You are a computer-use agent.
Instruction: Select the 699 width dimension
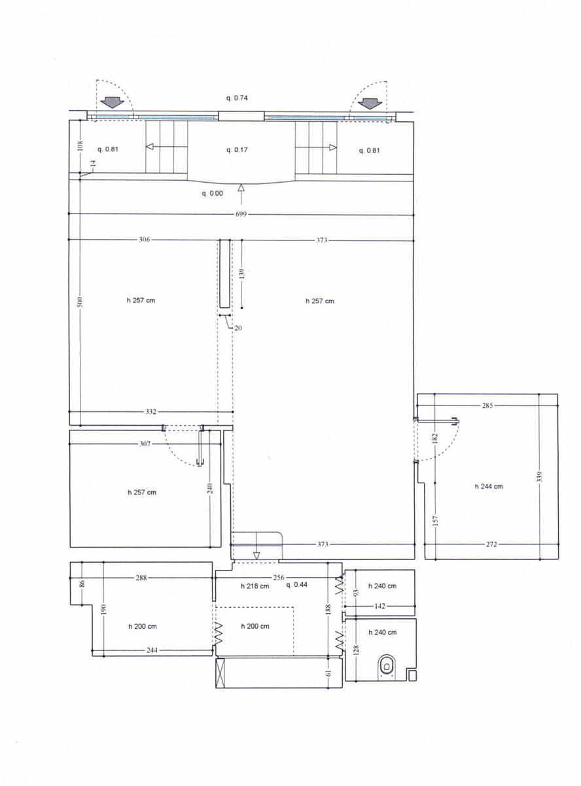(x=241, y=214)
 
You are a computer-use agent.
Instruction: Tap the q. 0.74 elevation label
(x=237, y=98)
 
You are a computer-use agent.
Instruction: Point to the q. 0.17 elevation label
(x=237, y=150)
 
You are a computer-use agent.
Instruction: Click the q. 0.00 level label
(x=213, y=193)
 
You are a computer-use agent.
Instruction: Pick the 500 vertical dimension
(x=80, y=301)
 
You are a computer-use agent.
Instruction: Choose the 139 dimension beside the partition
(x=242, y=274)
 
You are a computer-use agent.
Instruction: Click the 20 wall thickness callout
(x=238, y=328)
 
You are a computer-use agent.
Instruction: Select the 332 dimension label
(x=151, y=412)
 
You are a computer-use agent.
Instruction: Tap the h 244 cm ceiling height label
(x=489, y=487)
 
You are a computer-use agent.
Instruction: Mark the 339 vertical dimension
(x=539, y=477)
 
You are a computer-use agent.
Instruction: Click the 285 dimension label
(x=487, y=405)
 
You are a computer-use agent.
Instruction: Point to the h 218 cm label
(x=255, y=586)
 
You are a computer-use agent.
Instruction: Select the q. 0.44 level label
(x=296, y=585)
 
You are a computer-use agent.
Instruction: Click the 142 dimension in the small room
(x=379, y=607)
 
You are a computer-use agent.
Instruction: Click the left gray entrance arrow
(x=113, y=103)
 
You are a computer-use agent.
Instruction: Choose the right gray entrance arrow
(x=370, y=103)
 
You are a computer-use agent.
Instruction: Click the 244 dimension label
(x=152, y=650)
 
